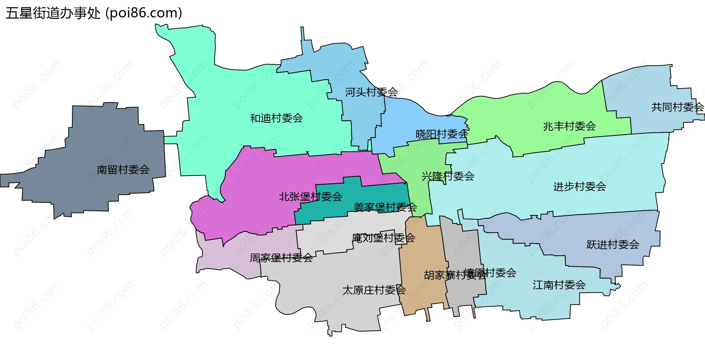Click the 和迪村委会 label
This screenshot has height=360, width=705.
276,118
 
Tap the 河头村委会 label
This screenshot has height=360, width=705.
371,92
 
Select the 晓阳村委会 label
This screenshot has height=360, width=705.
442,134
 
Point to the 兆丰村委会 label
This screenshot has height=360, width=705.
569,126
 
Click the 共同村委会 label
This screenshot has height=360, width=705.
677,107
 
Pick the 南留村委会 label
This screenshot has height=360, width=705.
123,170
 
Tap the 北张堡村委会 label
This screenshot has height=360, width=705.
310,197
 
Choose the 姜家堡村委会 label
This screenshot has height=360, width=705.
385,207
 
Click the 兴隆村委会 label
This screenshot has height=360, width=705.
448,176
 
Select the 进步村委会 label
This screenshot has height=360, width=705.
579,187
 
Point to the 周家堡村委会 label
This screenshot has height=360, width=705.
281,258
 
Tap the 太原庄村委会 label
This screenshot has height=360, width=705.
374,290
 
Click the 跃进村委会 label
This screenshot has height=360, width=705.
612,245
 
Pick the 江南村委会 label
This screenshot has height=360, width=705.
559,285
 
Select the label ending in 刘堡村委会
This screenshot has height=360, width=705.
383,238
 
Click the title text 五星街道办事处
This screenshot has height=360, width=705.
53,13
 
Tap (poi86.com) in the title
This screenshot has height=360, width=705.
144,13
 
